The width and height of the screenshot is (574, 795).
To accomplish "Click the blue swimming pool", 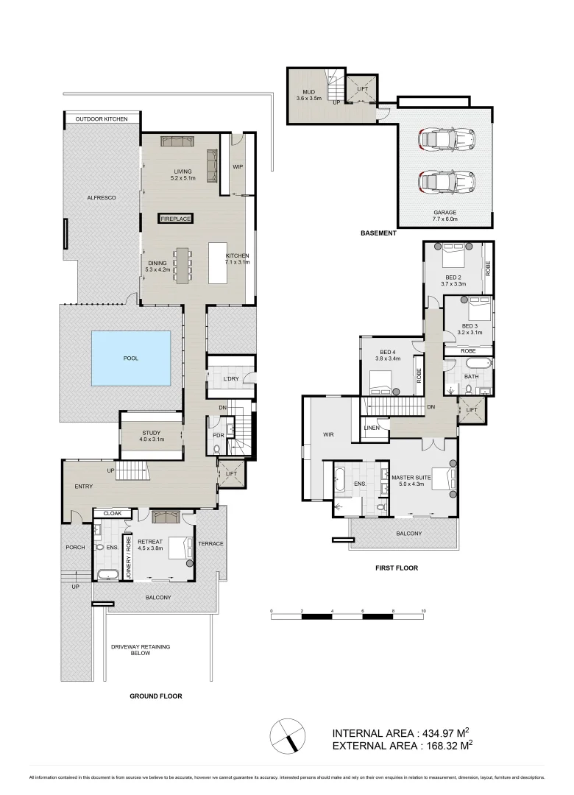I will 130,358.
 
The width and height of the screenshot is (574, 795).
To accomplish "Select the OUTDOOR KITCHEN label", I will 101,119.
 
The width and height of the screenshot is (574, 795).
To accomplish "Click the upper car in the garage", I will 446,138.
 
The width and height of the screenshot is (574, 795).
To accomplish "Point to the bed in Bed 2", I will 452,258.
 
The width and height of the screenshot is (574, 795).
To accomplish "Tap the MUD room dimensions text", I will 305,98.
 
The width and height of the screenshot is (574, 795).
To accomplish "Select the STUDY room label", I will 152,433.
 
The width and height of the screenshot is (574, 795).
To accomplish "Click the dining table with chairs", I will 184,264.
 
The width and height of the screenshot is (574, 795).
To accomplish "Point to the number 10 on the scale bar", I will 423,612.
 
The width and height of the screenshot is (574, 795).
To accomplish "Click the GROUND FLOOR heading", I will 155,696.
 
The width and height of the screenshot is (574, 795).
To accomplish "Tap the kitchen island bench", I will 219,263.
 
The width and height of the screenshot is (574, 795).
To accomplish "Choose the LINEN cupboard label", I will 372,428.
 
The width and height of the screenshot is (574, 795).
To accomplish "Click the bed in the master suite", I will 441,479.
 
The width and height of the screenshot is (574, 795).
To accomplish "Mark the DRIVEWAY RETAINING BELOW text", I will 141,650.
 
